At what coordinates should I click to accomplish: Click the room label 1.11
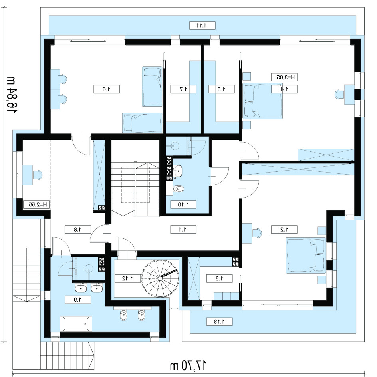pyautogui.click(x=202, y=25)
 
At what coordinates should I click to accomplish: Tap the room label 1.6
pyautogui.click(x=107, y=89)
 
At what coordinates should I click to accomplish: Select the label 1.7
pyautogui.click(x=183, y=89)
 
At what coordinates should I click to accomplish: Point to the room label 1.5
pyautogui.click(x=221, y=89)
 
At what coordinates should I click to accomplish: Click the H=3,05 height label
pyautogui.click(x=284, y=77)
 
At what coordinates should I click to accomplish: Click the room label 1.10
pyautogui.click(x=183, y=205)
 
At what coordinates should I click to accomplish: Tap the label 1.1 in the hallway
pyautogui.click(x=183, y=230)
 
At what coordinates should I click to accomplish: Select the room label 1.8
pyautogui.click(x=77, y=230)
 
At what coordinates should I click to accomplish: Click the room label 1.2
pyautogui.click(x=284, y=230)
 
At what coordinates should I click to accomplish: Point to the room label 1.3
pyautogui.click(x=220, y=279)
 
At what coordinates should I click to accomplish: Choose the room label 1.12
pyautogui.click(x=128, y=279)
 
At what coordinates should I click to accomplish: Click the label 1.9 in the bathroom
pyautogui.click(x=77, y=300)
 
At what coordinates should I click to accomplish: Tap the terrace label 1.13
pyautogui.click(x=220, y=322)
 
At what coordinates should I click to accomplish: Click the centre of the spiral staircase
pyautogui.click(x=160, y=278)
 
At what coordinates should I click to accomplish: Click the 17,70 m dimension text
pyautogui.click(x=188, y=366)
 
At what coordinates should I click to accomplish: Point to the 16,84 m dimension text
pyautogui.click(x=10, y=95)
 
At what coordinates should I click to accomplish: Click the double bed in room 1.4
pyautogui.click(x=262, y=101)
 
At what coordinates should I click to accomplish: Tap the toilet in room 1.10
pyautogui.click(x=179, y=189)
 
